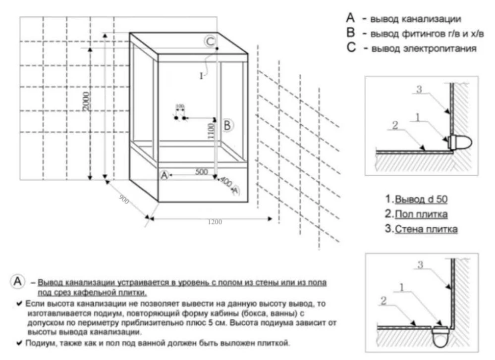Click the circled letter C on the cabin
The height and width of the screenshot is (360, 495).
210,41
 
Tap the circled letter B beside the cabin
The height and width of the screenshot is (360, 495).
226,125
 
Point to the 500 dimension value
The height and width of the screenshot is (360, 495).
201,172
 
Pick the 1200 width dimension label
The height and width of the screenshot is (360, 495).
215,222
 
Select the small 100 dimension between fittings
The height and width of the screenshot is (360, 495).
180,106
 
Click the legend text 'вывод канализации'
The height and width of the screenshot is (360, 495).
412,19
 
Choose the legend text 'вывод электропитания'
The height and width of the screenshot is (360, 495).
424,49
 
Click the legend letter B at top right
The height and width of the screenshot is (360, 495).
352,34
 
